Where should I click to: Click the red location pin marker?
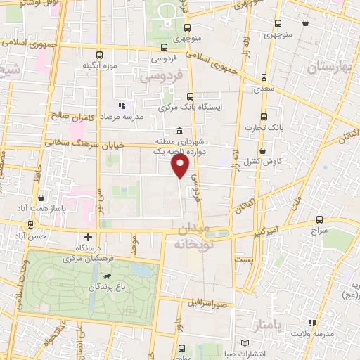coord(181,166)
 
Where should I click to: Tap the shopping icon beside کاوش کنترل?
coord(262,150)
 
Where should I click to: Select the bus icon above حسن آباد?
coord(32,225)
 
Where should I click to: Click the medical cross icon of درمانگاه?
coord(87,238)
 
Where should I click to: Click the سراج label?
coord(321,229)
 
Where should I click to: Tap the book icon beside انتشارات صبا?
coord(245,342)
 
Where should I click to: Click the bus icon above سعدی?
coord(264,77)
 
